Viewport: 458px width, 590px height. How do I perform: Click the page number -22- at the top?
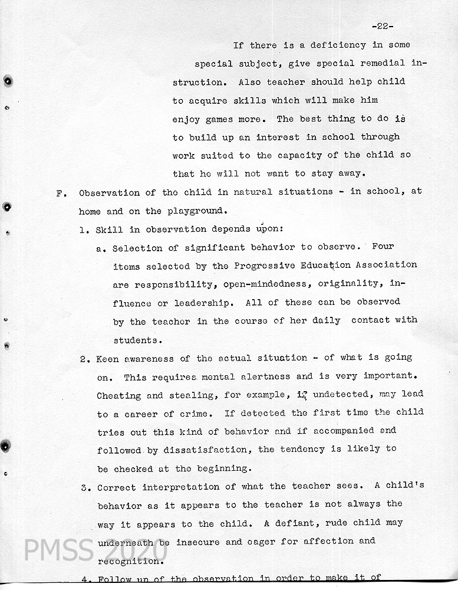tap(383, 26)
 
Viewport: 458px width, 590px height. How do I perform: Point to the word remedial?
tap(380, 63)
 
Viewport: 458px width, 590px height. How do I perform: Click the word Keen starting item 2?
tap(107, 358)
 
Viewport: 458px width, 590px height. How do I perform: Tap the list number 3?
tap(84, 487)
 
